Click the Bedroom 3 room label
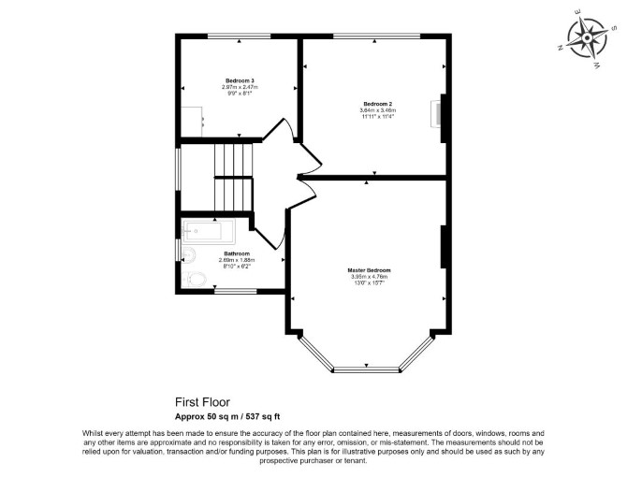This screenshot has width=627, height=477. pyautogui.click(x=240, y=80)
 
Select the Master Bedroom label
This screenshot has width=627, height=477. pyautogui.click(x=369, y=270)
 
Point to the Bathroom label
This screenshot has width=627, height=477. pyautogui.click(x=237, y=253)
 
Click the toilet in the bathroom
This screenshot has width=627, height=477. pyautogui.click(x=195, y=279)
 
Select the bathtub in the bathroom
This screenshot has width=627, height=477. pyautogui.click(x=209, y=230)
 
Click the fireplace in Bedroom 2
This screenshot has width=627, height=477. pyautogui.click(x=436, y=114)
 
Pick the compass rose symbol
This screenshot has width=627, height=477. pyautogui.click(x=587, y=38)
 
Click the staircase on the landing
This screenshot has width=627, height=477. pyautogui.click(x=234, y=177)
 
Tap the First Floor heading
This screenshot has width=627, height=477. pyautogui.click(x=203, y=401)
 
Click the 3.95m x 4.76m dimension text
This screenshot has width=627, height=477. pyautogui.click(x=369, y=277)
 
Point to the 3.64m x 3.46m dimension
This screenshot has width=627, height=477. pyautogui.click(x=377, y=110)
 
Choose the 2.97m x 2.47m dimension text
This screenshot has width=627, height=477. pyautogui.click(x=240, y=87)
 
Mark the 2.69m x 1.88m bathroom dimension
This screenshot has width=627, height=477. pyautogui.click(x=237, y=260)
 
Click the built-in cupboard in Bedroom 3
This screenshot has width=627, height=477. pyautogui.click(x=192, y=122)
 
